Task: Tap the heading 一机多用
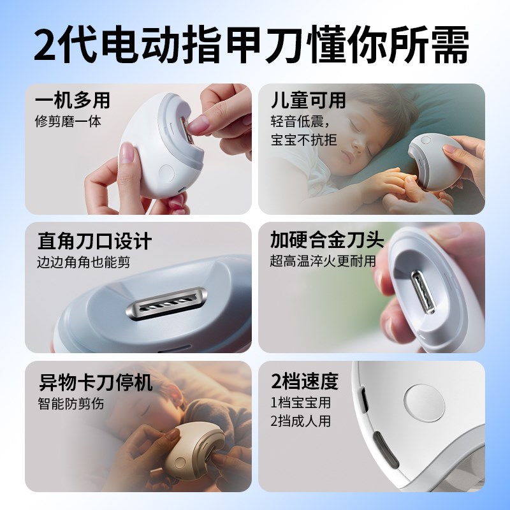coord(72,101)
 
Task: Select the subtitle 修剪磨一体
coord(68,121)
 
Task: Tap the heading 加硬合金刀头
coord(327,240)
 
